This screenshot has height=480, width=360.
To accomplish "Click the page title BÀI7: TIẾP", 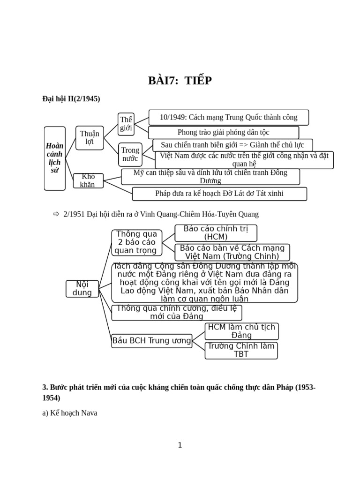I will point(180,81).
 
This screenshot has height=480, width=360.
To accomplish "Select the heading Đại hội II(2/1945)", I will point(71,99).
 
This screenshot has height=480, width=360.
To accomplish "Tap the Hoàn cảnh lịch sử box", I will point(55,158).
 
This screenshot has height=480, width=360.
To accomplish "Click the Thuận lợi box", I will point(90,138).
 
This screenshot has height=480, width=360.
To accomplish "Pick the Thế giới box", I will point(126,124).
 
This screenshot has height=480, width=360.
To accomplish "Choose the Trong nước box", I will point(130,154).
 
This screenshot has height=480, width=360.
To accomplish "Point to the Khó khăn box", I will point(88,180).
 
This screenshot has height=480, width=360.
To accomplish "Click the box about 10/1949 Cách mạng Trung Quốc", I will point(229,117).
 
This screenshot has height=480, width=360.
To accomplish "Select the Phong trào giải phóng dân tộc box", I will point(224,132).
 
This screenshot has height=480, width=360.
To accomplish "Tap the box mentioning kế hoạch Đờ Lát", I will point(219,194).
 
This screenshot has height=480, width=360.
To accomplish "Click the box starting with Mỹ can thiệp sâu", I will point(210,177).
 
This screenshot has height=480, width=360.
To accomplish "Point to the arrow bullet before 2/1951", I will point(56,214).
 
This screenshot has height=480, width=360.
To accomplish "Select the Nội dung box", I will point(82,289).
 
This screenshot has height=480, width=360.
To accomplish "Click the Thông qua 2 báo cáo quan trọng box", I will point(136,242).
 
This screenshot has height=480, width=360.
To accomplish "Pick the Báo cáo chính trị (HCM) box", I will point(216,233).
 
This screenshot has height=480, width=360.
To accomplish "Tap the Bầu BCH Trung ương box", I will point(152,341).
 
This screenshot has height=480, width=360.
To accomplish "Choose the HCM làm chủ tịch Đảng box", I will point(241,331).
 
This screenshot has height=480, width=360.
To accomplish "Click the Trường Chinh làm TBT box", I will point(241,350).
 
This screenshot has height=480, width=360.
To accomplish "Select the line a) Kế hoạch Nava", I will point(70,413).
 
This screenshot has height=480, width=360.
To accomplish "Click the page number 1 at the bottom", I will point(180,445).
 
